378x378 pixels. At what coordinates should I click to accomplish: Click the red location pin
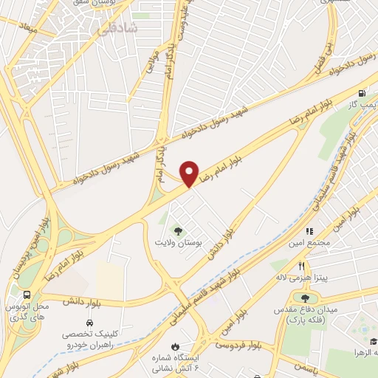(190, 173)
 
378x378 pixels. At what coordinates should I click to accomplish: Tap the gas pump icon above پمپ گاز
(361, 94)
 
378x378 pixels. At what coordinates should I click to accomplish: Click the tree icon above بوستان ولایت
(177, 230)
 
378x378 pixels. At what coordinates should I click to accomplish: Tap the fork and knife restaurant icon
(301, 266)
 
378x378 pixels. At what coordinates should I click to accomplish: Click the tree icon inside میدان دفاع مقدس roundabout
(305, 297)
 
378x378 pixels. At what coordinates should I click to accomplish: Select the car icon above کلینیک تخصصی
(89, 323)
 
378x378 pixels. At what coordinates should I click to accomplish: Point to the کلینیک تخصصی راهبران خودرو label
(89, 340)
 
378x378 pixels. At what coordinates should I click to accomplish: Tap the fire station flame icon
(174, 346)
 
